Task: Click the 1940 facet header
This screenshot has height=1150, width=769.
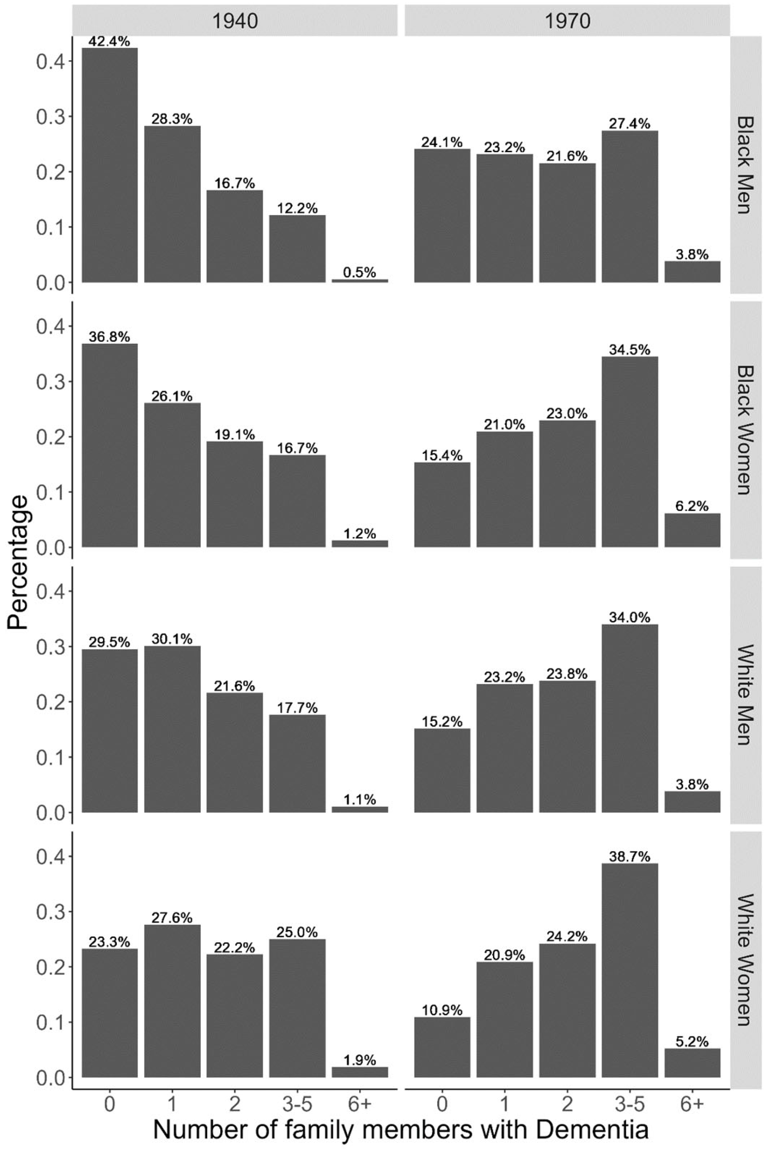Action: tap(235, 21)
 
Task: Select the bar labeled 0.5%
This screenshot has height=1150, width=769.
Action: tap(360, 281)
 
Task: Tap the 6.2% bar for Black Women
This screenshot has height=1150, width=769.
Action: tap(692, 530)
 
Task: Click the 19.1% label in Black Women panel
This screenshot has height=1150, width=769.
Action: tap(235, 434)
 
